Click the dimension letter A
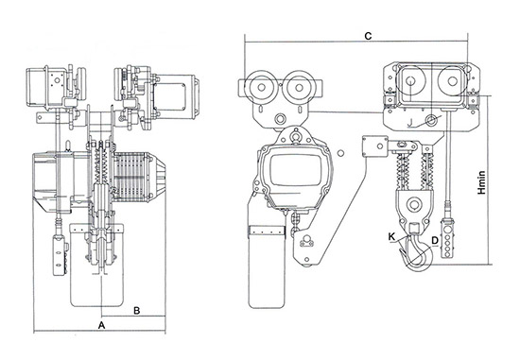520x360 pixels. [102, 325]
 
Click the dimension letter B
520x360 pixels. [137, 311]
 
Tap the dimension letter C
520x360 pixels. [368, 36]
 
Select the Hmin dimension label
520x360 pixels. [481, 182]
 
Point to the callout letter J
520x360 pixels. [410, 123]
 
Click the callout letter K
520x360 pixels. [392, 236]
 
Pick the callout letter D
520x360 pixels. [435, 240]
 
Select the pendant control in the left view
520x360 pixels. [60, 254]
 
